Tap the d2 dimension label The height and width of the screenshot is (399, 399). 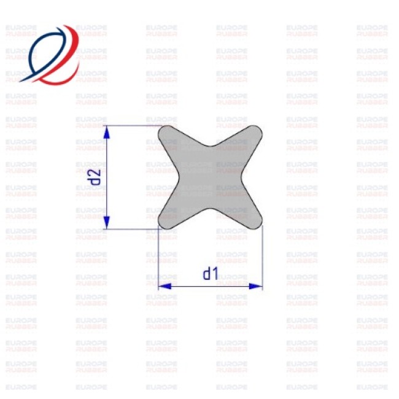[94, 177]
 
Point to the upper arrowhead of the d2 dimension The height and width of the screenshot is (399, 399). [107, 132]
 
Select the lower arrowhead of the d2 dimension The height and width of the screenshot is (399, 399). [107, 222]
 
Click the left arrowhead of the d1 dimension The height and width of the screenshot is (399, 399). [165, 286]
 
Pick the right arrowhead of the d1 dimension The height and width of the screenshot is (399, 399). [255, 286]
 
